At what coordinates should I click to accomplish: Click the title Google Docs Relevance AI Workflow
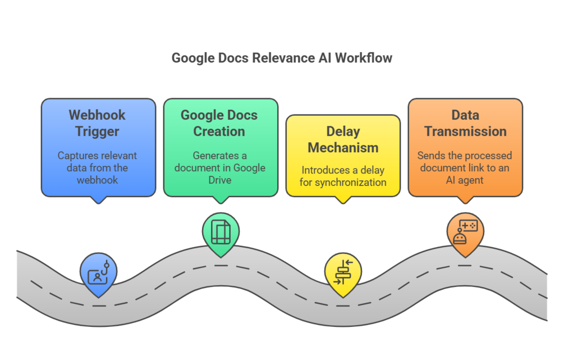click(282, 58)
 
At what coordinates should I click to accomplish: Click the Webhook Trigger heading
click(97, 123)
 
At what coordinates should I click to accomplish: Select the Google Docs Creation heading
click(219, 123)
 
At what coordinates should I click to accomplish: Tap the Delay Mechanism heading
click(343, 139)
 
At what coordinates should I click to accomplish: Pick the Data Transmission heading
click(465, 123)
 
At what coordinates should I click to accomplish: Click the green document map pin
click(221, 232)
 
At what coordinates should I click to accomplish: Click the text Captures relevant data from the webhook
click(97, 167)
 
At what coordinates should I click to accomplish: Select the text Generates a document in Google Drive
click(219, 167)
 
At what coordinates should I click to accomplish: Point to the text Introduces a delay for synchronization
click(343, 176)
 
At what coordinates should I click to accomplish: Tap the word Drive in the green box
click(219, 180)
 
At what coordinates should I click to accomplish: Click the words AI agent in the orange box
click(465, 180)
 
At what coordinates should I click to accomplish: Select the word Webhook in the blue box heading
click(97, 115)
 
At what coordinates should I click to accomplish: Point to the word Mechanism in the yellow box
click(343, 148)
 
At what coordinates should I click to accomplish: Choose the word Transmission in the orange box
click(465, 131)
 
